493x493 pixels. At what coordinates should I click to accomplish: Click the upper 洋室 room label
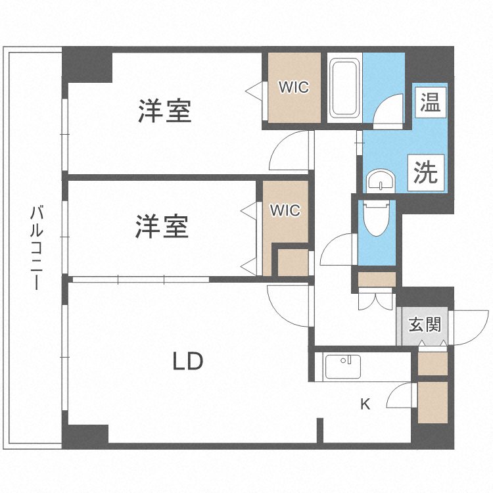click(x=164, y=110)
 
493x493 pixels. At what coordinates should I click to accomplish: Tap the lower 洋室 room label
click(x=162, y=227)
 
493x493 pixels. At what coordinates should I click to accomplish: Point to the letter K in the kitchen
click(x=365, y=404)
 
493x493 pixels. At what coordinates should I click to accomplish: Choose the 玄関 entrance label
click(x=424, y=324)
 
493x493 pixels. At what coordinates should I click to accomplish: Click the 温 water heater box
click(x=430, y=102)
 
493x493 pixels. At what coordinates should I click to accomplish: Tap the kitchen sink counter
click(x=341, y=367)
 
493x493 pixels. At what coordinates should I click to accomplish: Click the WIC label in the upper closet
click(x=293, y=87)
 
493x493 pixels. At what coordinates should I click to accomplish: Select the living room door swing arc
click(x=289, y=304)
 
